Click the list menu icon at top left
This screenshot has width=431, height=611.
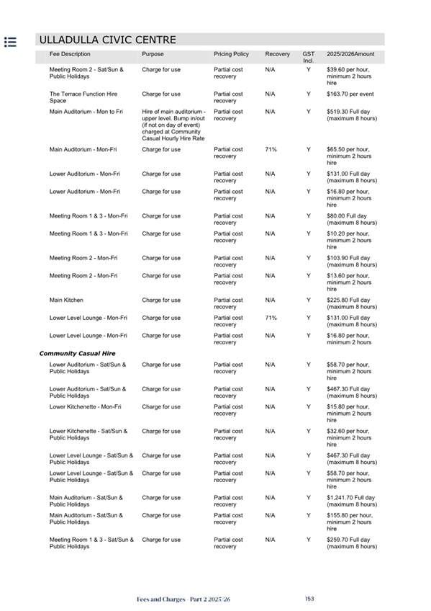tap(11, 42)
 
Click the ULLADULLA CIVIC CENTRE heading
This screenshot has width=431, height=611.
tap(107, 40)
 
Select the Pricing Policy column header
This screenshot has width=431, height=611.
tap(231, 54)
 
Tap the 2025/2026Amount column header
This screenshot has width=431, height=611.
tap(350, 54)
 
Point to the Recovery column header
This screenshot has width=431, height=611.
tap(277, 54)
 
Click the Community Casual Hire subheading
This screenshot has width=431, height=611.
tap(77, 354)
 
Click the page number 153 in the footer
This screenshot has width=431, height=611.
tap(309, 599)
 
